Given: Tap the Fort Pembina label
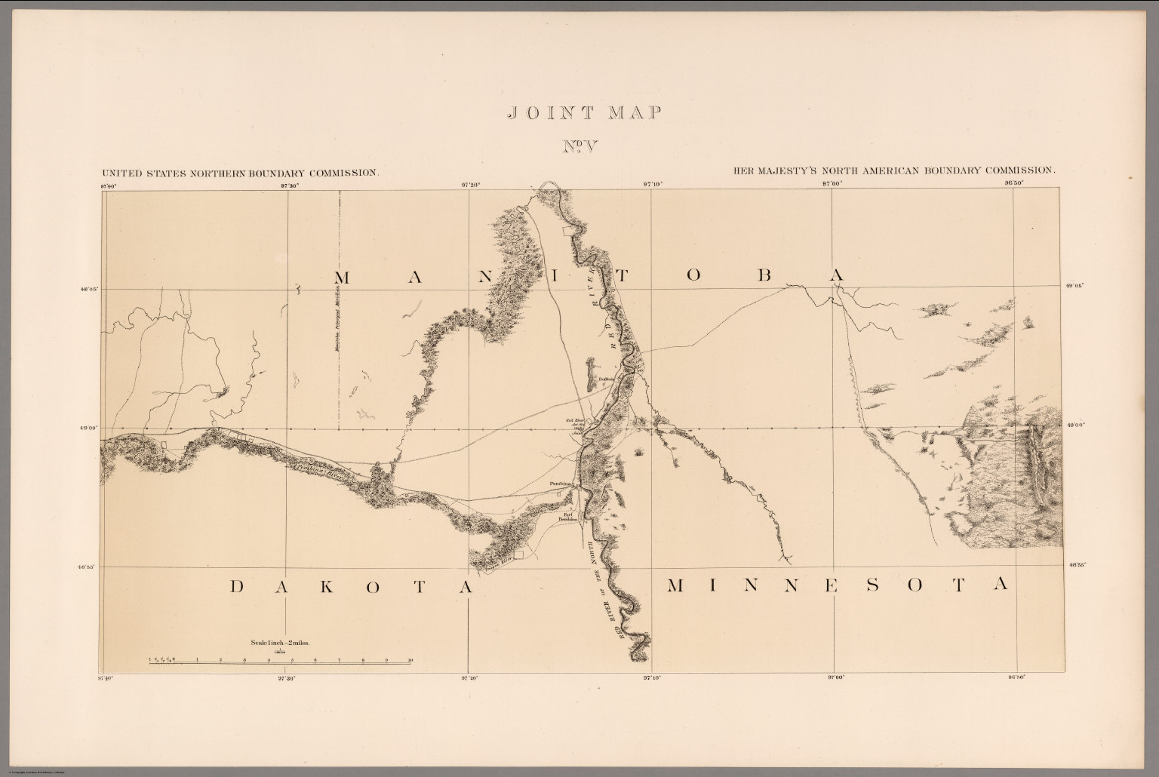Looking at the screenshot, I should tap(567, 517).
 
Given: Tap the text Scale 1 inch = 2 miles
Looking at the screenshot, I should tap(280, 643).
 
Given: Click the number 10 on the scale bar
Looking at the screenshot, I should tap(410, 660).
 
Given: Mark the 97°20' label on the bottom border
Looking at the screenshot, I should tap(469, 677).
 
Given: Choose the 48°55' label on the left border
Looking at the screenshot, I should tap(90, 566).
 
